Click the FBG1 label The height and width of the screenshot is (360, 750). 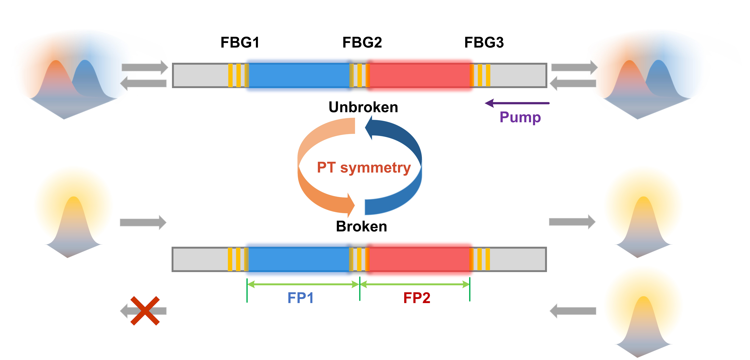coord(240,43)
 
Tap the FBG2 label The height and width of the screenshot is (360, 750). coord(362,43)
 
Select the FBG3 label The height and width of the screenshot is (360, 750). coord(484,43)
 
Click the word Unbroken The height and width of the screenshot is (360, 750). coord(363,107)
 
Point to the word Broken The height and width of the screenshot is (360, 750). coord(361,226)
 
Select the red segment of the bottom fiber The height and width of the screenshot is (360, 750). coord(419,259)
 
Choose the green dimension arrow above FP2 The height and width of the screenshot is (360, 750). coord(415,284)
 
